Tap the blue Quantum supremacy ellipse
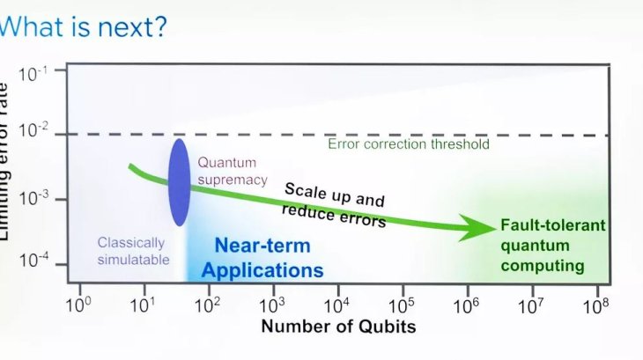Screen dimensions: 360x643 [179, 181]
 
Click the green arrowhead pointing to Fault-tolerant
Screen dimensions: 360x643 [483, 227]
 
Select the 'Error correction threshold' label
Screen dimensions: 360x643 [408, 144]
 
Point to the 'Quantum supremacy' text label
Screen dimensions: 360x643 [227, 171]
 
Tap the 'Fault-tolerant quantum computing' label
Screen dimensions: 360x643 [553, 245]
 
